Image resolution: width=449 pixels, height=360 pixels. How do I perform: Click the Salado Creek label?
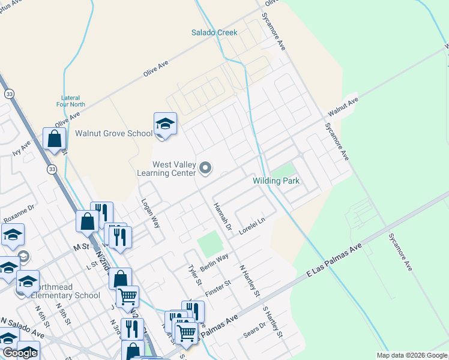[214, 32]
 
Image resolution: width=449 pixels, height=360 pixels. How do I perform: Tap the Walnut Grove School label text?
[113, 133]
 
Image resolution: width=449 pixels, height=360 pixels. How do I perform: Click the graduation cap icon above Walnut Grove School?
[165, 124]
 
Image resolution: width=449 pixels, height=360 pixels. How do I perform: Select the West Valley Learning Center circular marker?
[206, 169]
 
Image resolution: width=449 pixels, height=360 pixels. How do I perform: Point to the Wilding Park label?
[276, 181]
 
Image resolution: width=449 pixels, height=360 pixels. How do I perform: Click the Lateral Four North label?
[73, 101]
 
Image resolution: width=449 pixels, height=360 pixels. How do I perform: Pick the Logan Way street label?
[150, 214]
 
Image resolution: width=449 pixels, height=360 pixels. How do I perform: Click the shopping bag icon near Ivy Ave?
[54, 139]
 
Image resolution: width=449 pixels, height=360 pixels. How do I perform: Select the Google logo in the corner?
[19, 353]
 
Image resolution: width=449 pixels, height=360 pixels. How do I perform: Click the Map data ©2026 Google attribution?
[411, 355]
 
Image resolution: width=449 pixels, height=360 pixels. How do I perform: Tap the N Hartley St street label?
[249, 282]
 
